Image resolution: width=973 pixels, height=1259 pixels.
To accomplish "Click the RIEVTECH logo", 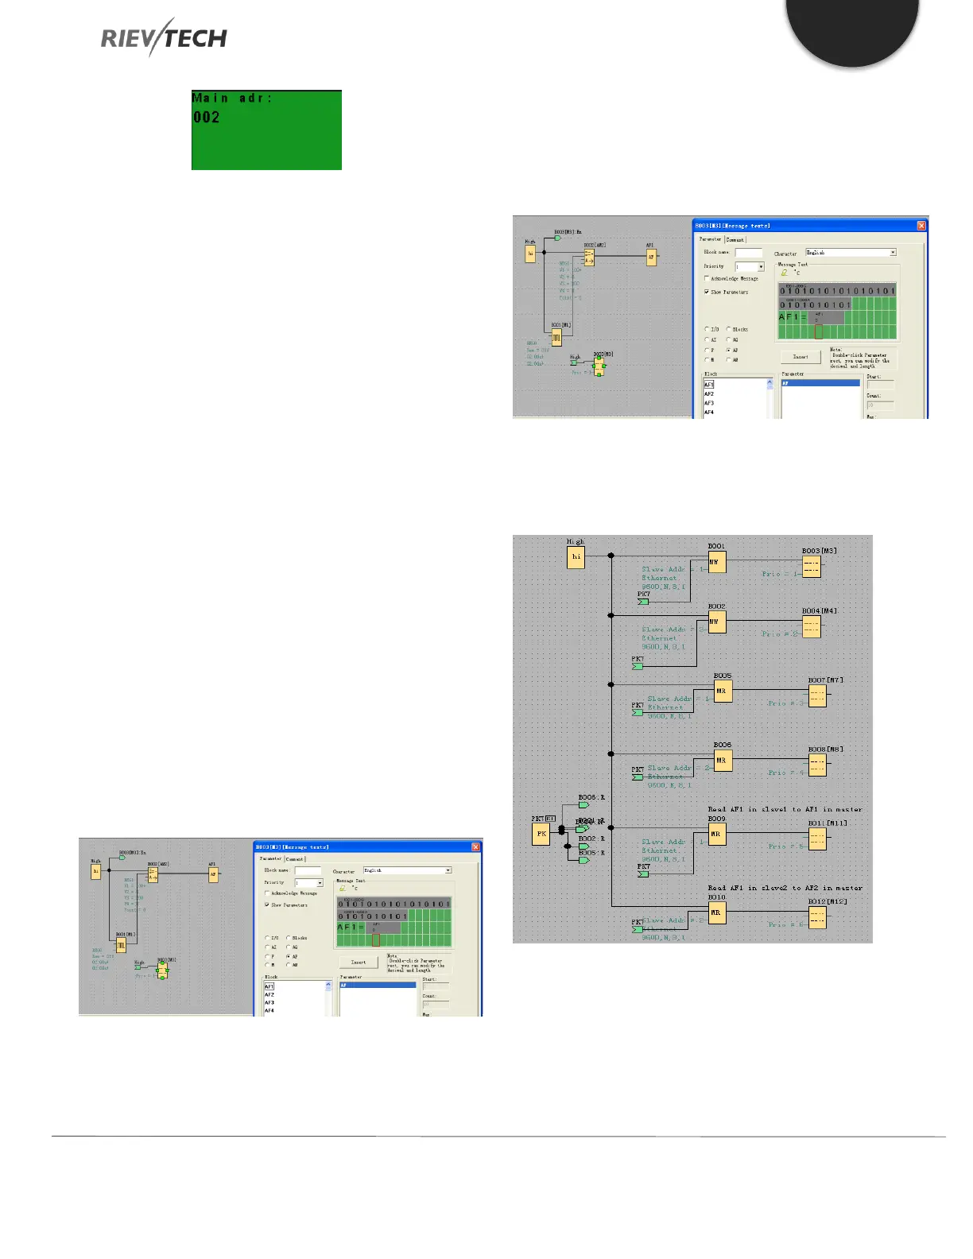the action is coord(164,38).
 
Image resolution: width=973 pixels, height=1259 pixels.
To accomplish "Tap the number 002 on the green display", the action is coord(206,118).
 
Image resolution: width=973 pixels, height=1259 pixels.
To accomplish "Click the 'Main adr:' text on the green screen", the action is coord(231,98).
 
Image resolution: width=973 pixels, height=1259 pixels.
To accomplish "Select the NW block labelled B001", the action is coord(717,562).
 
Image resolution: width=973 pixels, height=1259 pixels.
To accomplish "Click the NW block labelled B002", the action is coord(717,622).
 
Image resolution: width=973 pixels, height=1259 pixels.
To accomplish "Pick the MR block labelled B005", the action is coord(722,691).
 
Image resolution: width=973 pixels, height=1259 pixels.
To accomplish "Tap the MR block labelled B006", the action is coord(722,761).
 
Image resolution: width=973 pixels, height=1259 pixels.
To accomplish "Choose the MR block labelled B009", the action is coord(716,835).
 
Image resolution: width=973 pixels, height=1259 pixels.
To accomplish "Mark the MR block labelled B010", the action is coord(716,913).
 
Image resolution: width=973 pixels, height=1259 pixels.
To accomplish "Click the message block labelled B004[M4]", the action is coord(811,626).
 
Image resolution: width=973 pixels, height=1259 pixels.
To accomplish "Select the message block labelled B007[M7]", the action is coord(817,695).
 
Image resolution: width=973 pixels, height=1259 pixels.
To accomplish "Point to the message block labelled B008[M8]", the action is coord(817,765).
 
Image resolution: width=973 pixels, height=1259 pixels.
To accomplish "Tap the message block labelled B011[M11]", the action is coord(816,839).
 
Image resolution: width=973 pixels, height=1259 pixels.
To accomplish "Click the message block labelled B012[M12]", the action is coord(816,917).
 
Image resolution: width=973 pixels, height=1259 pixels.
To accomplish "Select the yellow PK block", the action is coord(541,834).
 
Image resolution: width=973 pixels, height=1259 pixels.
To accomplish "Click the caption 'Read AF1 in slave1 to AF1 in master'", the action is coord(785,809).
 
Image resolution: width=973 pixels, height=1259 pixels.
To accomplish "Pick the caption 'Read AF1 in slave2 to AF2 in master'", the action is coord(785,888).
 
